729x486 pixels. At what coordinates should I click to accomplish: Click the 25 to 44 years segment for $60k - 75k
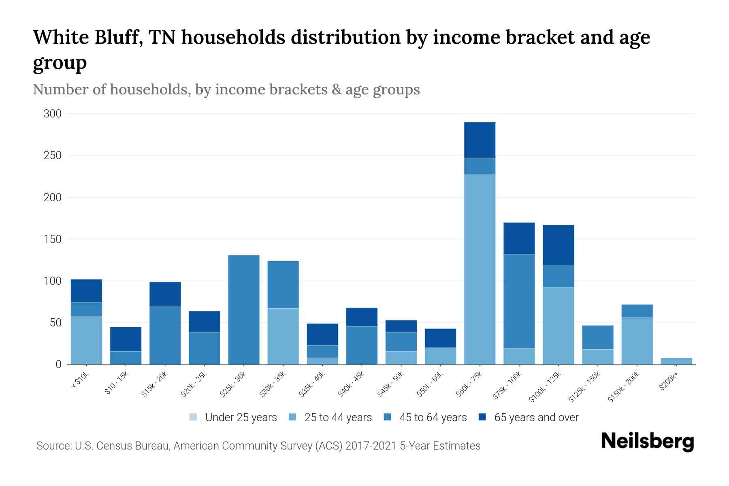(480, 269)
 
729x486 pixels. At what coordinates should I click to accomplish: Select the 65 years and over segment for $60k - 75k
(480, 140)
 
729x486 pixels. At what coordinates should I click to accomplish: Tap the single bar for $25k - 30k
(244, 310)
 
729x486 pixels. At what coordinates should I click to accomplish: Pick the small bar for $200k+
(676, 361)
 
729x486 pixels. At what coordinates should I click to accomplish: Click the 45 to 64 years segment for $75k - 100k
(519, 301)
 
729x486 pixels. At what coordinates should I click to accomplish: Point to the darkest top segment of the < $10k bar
(86, 291)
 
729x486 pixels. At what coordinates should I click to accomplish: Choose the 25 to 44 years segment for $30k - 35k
(283, 336)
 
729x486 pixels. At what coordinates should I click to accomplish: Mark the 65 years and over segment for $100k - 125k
(558, 245)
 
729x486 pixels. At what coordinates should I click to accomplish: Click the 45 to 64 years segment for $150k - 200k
(637, 311)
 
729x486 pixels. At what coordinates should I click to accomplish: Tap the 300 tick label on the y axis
(53, 114)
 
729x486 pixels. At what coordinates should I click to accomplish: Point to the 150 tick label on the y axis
(53, 239)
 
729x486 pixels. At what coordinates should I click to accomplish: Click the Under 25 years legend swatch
(193, 417)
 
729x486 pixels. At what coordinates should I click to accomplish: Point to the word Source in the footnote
(53, 446)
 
